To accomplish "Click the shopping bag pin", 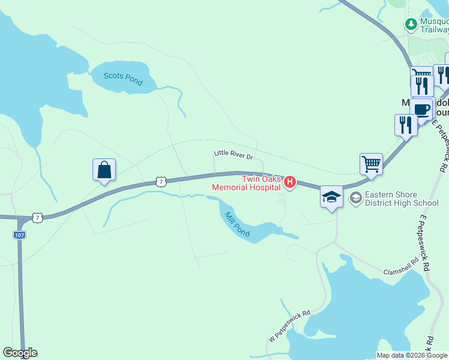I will [x=104, y=170].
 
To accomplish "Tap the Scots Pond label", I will [x=123, y=78].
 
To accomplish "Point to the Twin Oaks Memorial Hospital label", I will [x=246, y=183].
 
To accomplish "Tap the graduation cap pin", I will [x=331, y=197].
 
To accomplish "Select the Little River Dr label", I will [x=234, y=155].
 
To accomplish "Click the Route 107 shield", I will [x=19, y=235].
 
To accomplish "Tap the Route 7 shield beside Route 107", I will [x=38, y=218].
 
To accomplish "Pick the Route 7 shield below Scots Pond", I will [x=160, y=181].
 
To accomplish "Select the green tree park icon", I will [x=411, y=25].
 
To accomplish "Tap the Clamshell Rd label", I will [x=400, y=268].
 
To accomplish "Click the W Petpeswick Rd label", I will [x=289, y=326].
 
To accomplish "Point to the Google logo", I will [x=20, y=353].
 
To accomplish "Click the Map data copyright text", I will [x=412, y=355].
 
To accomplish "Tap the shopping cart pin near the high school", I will [x=372, y=164].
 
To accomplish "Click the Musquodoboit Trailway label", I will [x=434, y=25].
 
